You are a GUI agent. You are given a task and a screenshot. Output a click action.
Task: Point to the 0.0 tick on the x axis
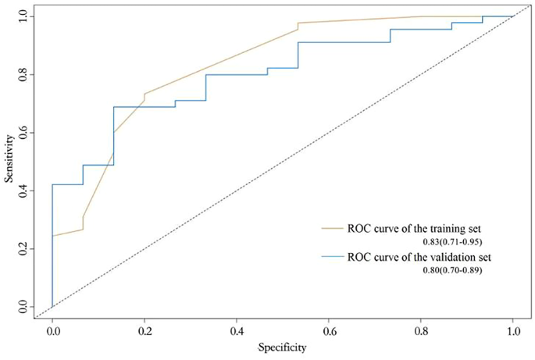(52, 331)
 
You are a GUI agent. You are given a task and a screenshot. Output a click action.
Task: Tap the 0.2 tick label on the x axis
(144, 331)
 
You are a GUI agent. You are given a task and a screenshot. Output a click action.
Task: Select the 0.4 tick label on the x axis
(237, 331)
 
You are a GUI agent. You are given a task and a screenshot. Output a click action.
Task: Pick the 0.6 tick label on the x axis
(329, 331)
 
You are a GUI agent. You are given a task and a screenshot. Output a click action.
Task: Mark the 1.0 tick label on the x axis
(512, 331)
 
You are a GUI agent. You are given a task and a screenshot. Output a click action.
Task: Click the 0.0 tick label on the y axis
(23, 307)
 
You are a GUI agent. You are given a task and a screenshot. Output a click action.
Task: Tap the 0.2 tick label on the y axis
(23, 248)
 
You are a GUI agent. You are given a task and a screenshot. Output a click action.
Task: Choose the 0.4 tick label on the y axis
(23, 191)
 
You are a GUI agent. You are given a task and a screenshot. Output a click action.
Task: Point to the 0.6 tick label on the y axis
(23, 133)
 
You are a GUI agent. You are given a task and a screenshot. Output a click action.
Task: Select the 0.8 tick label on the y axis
(23, 74)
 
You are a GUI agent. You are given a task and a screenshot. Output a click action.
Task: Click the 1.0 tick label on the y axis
(23, 16)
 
